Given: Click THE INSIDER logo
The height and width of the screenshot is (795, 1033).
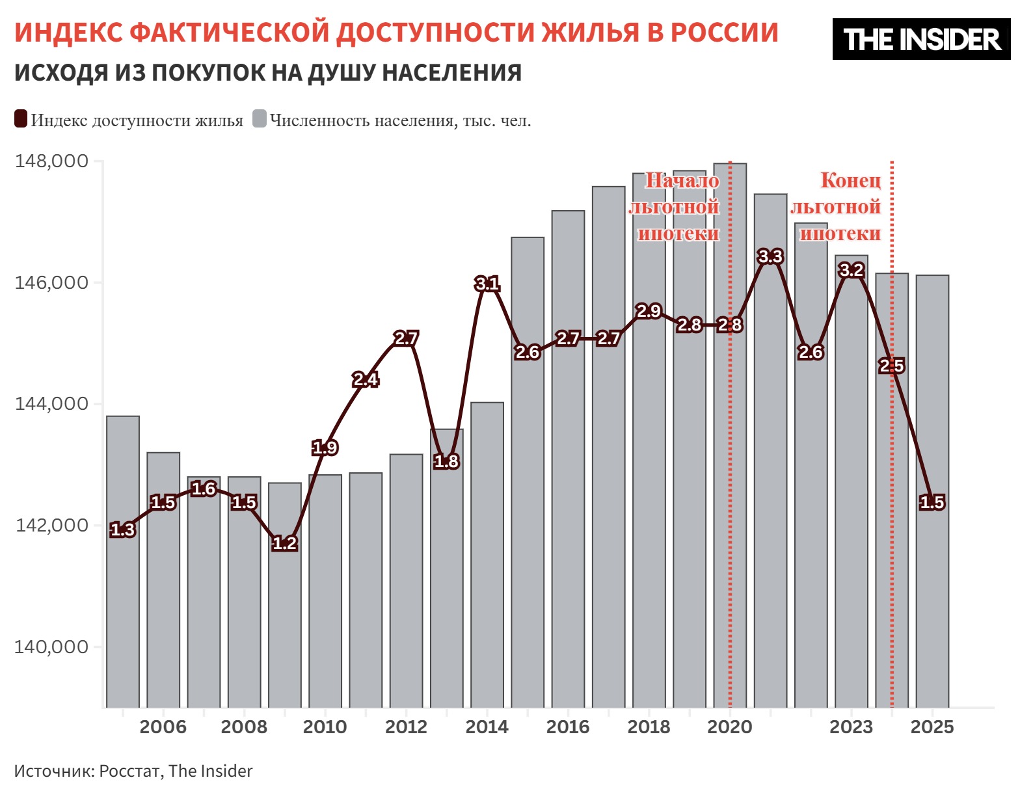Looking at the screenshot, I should pyautogui.click(x=921, y=39).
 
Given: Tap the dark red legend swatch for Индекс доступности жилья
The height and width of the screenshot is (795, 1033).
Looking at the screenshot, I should pyautogui.click(x=21, y=120).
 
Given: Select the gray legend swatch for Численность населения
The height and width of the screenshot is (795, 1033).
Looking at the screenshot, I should pyautogui.click(x=260, y=120).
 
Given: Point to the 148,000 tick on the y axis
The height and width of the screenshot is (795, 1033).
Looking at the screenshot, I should pyautogui.click(x=52, y=161).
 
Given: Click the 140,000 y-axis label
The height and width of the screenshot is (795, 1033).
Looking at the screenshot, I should pyautogui.click(x=52, y=647).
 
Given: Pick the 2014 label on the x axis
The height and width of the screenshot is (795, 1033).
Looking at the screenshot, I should pyautogui.click(x=487, y=727).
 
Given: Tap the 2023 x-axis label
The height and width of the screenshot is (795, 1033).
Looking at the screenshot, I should pyautogui.click(x=851, y=727).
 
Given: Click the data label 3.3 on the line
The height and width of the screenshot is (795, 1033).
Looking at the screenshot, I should pyautogui.click(x=770, y=257).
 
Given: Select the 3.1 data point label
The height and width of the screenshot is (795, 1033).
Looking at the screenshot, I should pyautogui.click(x=487, y=284).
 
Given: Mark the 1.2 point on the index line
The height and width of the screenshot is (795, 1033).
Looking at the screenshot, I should pyautogui.click(x=284, y=543).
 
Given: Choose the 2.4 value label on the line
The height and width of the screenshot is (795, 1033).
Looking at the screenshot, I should pyautogui.click(x=365, y=379).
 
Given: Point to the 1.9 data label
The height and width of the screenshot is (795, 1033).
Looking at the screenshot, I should pyautogui.click(x=325, y=448).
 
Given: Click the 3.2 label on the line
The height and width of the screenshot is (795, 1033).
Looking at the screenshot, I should pyautogui.click(x=851, y=270).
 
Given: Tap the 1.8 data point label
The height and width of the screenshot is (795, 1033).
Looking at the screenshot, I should pyautogui.click(x=446, y=461).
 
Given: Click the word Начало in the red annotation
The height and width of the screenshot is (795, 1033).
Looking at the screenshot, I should pyautogui.click(x=682, y=181).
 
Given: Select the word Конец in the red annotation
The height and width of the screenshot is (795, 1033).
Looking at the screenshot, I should pyautogui.click(x=850, y=180).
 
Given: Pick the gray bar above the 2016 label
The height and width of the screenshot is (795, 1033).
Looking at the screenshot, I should pyautogui.click(x=568, y=520).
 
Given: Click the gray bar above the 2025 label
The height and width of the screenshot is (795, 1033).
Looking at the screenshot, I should pyautogui.click(x=932, y=586).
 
